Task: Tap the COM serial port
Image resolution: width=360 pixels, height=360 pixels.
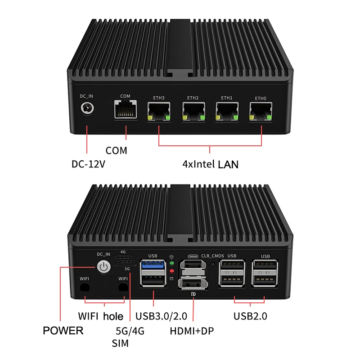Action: (x=125, y=109)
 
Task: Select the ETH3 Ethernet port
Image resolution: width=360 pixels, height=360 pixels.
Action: (x=159, y=111)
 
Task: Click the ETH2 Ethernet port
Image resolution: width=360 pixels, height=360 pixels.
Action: (x=193, y=111)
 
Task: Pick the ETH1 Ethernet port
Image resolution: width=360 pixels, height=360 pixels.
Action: (x=227, y=111)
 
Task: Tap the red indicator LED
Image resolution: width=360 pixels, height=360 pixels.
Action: (x=172, y=271)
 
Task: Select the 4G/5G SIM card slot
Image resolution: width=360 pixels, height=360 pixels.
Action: (x=125, y=262)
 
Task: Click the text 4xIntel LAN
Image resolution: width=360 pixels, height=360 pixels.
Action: (x=210, y=164)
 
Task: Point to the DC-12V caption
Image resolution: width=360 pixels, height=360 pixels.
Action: (x=88, y=164)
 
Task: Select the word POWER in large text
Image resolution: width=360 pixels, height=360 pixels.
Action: (x=63, y=331)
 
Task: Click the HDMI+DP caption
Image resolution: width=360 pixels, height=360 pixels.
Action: (x=192, y=332)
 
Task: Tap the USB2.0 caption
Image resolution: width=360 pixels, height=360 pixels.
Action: (x=250, y=316)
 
